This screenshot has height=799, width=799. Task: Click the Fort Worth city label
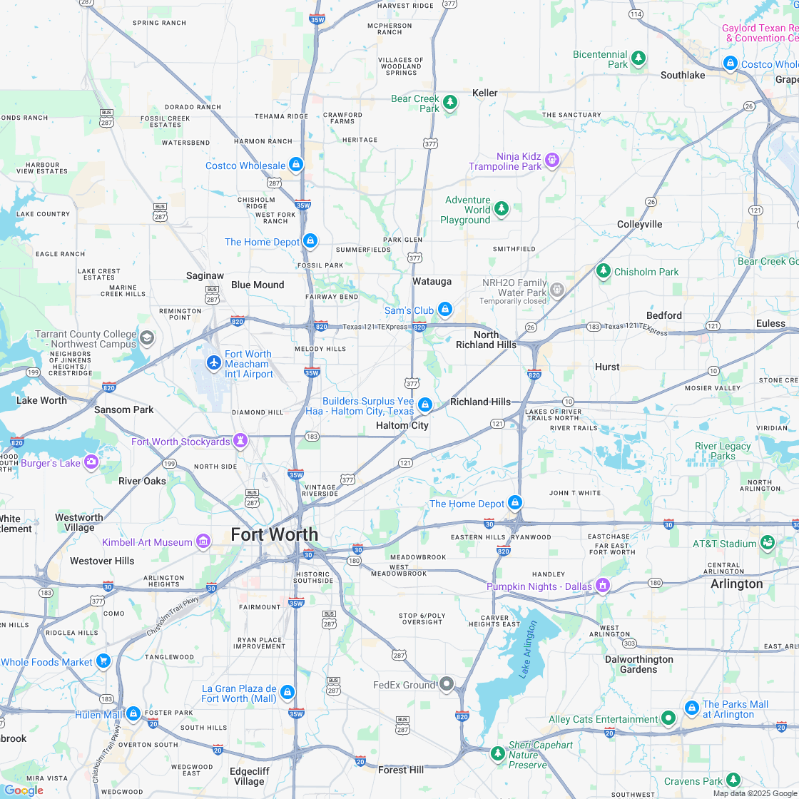pyautogui.click(x=274, y=534)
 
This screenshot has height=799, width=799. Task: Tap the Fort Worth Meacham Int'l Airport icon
pyautogui.click(x=213, y=363)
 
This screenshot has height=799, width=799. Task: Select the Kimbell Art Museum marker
pyautogui.click(x=203, y=541)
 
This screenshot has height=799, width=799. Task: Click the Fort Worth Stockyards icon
pyautogui.click(x=241, y=441)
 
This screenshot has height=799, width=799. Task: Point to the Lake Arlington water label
pyautogui.click(x=529, y=648)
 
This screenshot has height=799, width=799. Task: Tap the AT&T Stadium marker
pyautogui.click(x=768, y=543)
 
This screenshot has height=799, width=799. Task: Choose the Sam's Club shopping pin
pyautogui.click(x=445, y=309)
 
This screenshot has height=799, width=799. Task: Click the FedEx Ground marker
pyautogui.click(x=447, y=684)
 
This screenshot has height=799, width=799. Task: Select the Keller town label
pyautogui.click(x=485, y=93)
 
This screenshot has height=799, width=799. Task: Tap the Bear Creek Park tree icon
pyautogui.click(x=450, y=103)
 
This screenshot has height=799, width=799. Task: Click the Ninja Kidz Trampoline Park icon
pyautogui.click(x=551, y=160)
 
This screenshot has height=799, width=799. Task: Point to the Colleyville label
pyautogui.click(x=639, y=224)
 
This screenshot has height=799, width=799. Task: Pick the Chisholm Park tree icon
pyautogui.click(x=604, y=271)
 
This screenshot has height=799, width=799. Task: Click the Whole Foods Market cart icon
pyautogui.click(x=103, y=661)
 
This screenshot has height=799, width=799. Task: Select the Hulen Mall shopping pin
pyautogui.click(x=133, y=713)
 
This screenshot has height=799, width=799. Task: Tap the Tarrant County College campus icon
pyautogui.click(x=147, y=337)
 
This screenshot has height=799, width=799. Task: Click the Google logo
pyautogui.click(x=24, y=790)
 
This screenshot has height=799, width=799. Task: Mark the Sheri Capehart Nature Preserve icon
pyautogui.click(x=498, y=753)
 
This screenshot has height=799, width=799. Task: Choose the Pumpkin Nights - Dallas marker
pyautogui.click(x=603, y=585)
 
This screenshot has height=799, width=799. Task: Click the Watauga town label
pyautogui.click(x=432, y=281)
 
